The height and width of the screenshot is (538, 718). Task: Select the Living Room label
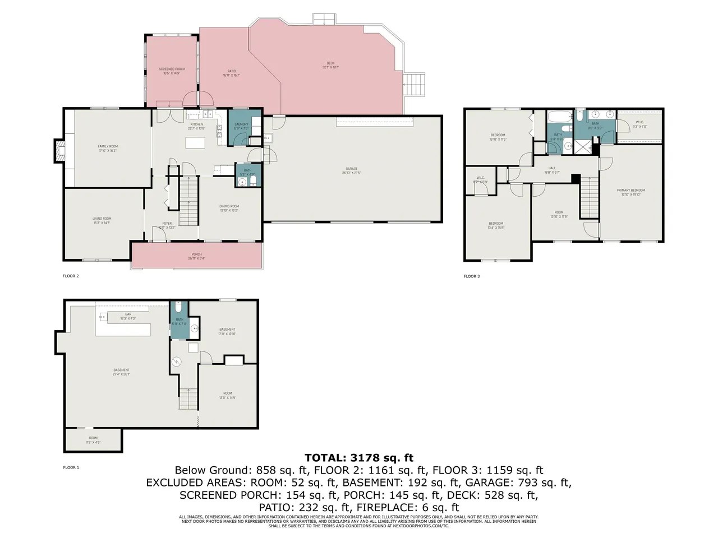[x=102, y=220]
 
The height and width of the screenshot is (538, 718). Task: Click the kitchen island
[x=196, y=142]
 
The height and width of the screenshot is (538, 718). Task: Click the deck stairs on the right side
[x=416, y=84]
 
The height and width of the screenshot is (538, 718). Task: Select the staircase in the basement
[x=188, y=398]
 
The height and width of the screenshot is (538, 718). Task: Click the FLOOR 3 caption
[x=472, y=276]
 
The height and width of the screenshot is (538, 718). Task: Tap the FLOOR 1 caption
[x=71, y=467]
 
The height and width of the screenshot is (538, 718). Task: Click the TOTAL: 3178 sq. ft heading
[x=359, y=458]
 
